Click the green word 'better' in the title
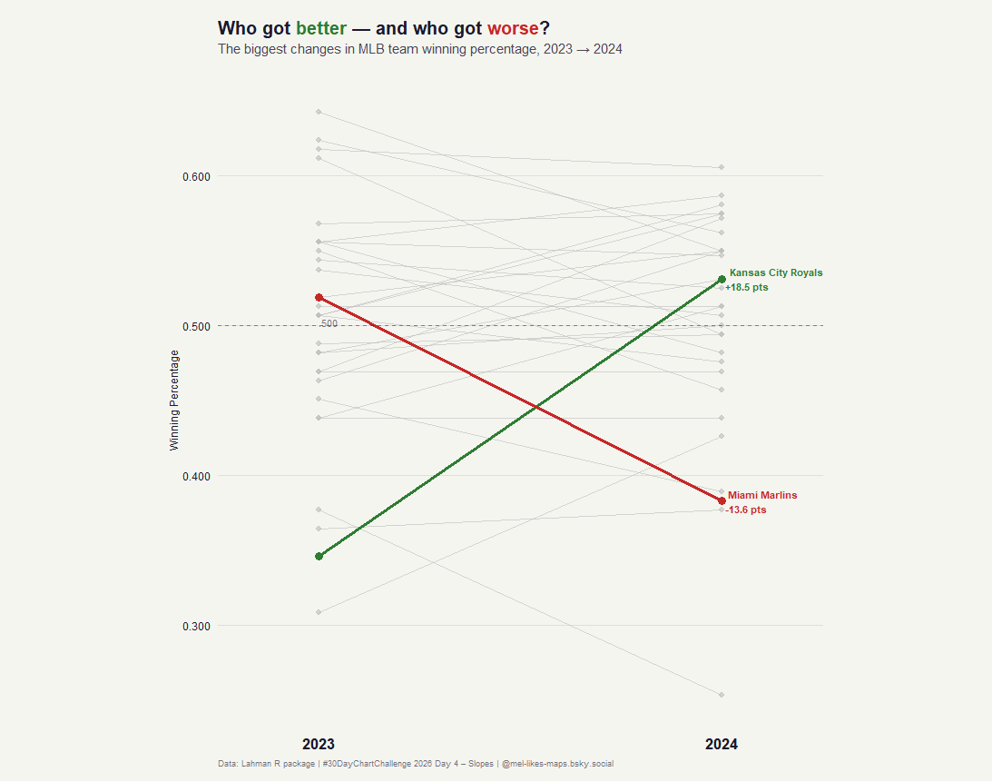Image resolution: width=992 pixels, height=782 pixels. coord(320,28)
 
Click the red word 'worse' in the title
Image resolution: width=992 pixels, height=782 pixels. coord(513,28)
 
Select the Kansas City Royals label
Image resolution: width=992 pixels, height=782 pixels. coord(776,272)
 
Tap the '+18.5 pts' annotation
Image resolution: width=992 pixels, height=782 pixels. coord(747,287)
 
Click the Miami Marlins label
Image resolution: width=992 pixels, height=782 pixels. coord(762,495)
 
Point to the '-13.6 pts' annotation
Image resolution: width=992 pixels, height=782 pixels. coord(746,510)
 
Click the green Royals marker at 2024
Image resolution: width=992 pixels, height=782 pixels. coord(722,279)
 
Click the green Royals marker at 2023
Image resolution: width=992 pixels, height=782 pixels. coord(319,556)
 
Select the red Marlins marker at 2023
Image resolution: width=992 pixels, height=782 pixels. coord(319,297)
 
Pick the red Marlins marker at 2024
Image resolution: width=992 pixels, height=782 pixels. coord(722,501)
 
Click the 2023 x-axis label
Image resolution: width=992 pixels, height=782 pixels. coord(319,744)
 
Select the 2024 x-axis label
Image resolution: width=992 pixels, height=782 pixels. coord(722,744)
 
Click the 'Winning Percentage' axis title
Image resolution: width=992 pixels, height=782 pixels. coord(175,401)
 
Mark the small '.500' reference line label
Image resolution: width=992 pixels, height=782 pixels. coord(329,323)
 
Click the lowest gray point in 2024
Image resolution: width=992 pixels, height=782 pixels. coord(722,695)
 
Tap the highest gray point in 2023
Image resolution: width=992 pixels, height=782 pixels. coord(319,112)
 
